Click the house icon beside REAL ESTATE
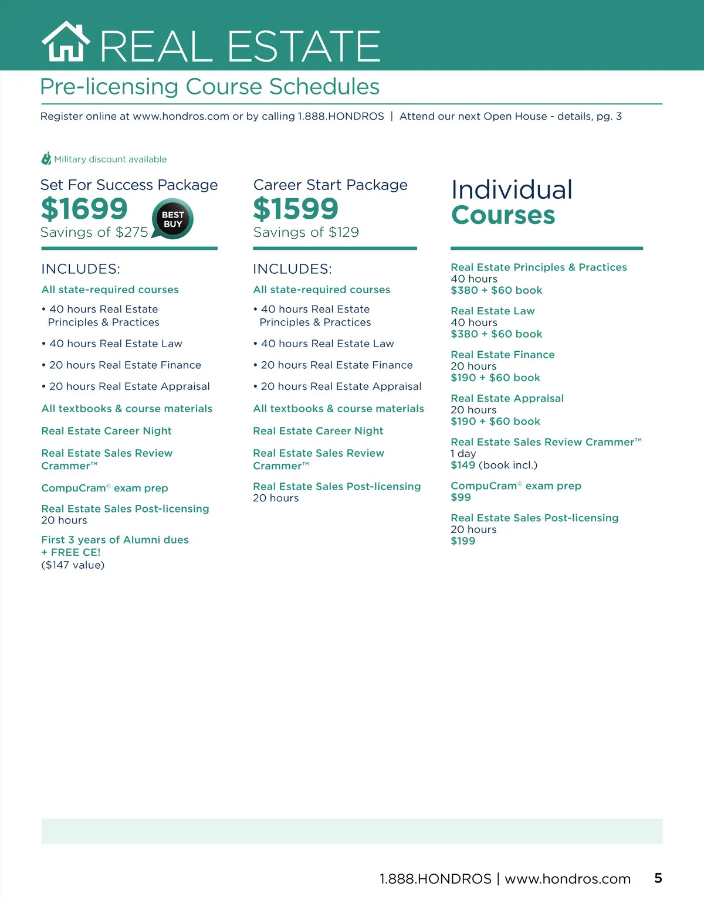pos(66,42)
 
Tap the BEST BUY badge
pos(172,219)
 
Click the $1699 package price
pos(84,209)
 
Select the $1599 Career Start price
pos(296,209)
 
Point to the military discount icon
pos(46,159)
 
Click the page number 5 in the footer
pos(658,878)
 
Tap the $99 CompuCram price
pos(461,497)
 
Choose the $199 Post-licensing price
pos(463,541)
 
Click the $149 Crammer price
pos(463,465)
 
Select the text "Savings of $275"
pos(94,232)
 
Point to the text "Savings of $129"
pos(306,232)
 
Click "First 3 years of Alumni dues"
pos(115,539)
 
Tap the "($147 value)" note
pos(73,565)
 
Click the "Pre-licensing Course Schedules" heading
pos(209,87)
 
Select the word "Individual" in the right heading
pos(512,190)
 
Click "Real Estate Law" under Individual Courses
pos(493,311)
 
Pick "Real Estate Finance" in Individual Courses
pos(503,355)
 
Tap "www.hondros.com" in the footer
pos(567,879)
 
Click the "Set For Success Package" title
pos(129,185)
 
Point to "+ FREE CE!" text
pos(71,552)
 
